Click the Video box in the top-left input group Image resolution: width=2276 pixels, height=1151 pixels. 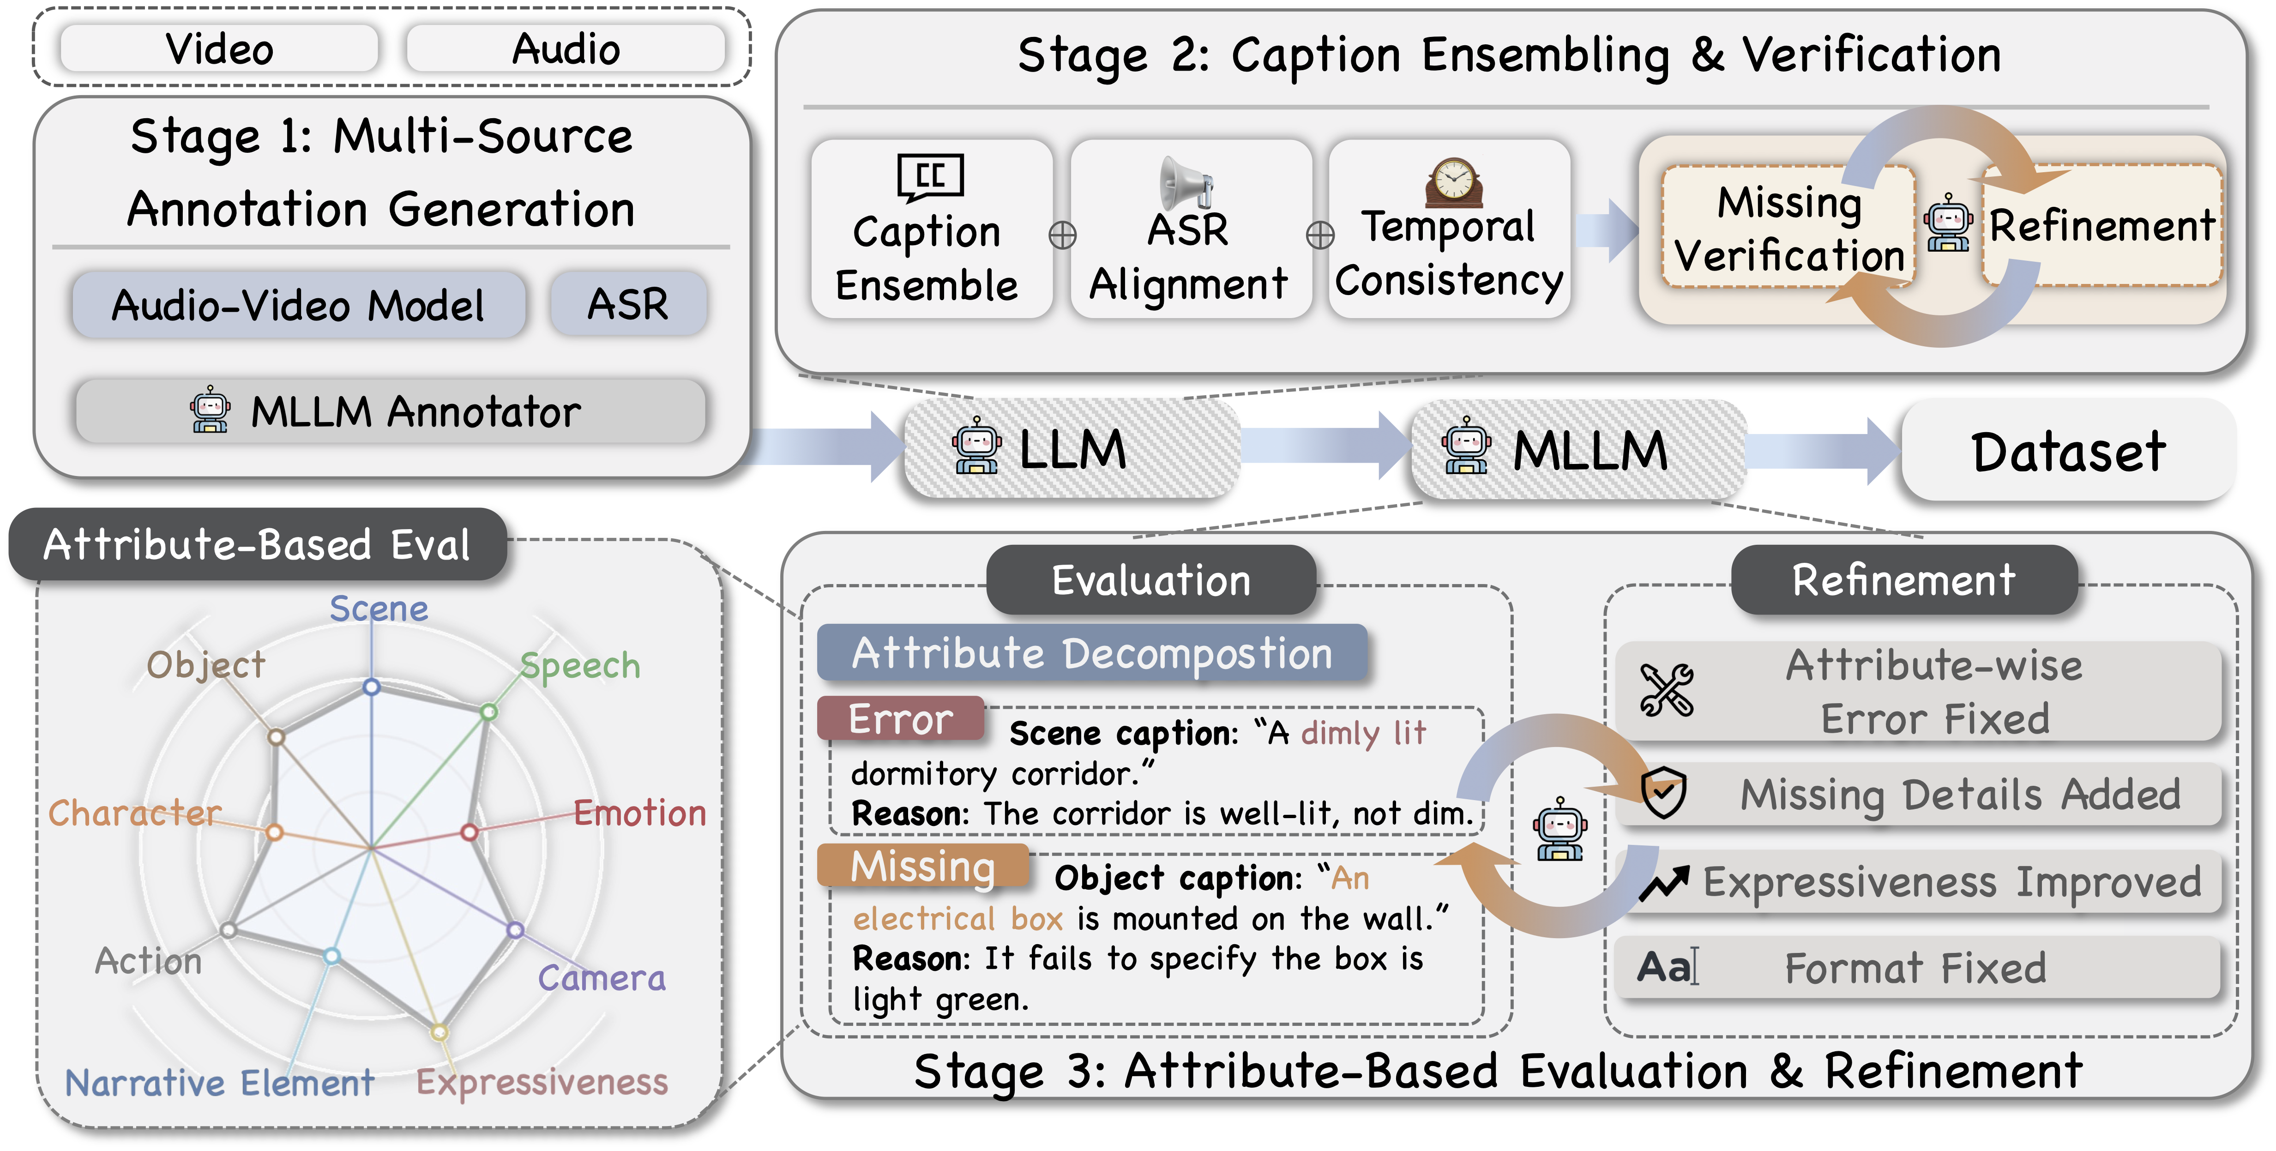[219, 48]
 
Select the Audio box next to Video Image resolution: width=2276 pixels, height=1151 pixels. [566, 48]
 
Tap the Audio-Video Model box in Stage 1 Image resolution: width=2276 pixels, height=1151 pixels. [298, 305]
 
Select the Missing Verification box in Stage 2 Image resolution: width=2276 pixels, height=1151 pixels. [1788, 228]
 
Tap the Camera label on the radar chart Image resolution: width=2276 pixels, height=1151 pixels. [602, 978]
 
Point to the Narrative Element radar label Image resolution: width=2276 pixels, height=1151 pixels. [219, 1083]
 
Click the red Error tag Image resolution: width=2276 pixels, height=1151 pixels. [900, 719]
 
